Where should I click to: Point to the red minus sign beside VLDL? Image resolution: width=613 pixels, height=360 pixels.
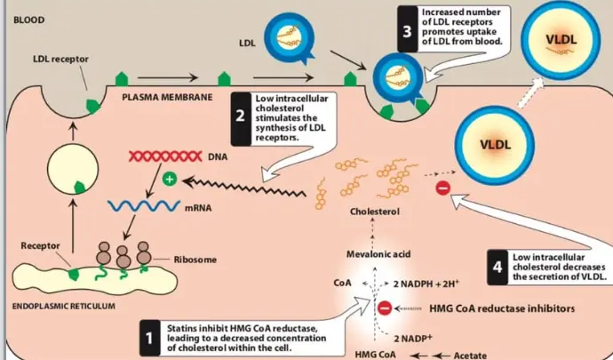pos(444,188)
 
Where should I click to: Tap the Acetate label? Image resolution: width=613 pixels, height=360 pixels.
pos(469,354)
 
